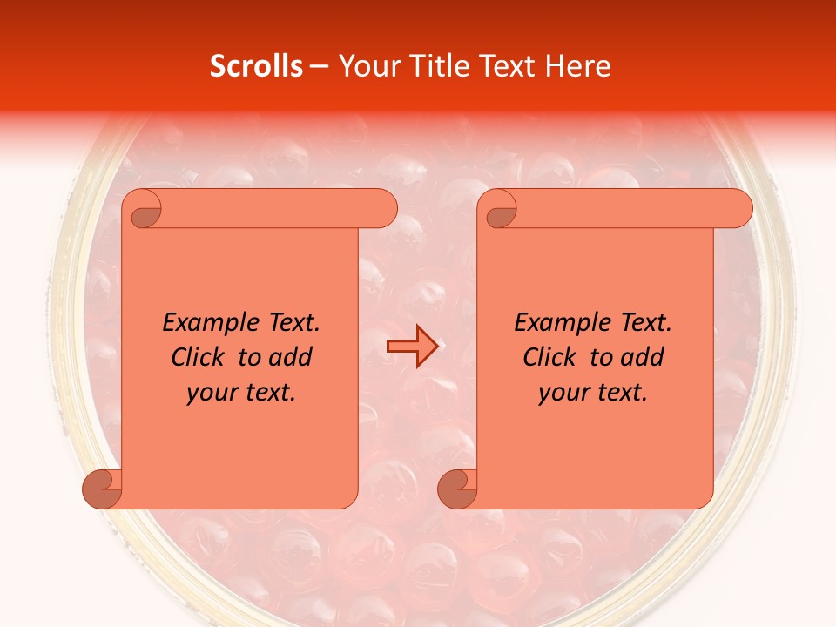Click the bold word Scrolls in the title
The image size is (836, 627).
(x=256, y=66)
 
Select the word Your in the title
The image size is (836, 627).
(x=365, y=66)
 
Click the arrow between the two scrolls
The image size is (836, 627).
(x=411, y=347)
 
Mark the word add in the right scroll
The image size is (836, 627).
(x=644, y=358)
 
